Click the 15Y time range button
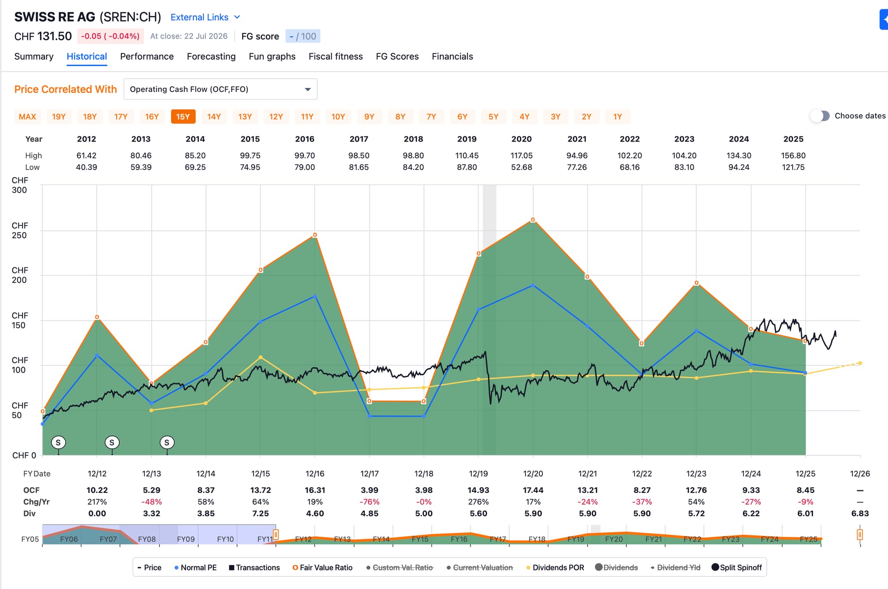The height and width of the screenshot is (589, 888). click(183, 117)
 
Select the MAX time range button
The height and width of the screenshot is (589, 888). click(27, 117)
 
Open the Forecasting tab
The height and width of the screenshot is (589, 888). click(211, 56)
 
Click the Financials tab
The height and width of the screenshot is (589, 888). click(452, 56)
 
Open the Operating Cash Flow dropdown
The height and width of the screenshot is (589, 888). click(220, 89)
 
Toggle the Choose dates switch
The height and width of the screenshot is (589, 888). click(820, 116)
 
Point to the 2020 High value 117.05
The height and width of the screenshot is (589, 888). click(521, 155)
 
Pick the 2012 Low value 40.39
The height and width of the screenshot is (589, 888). click(86, 167)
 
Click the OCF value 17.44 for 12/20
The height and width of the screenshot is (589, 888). click(533, 490)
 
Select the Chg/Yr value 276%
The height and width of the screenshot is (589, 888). click(478, 502)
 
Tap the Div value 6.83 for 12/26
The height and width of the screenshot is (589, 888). click(860, 513)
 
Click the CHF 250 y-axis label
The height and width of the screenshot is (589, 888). click(19, 230)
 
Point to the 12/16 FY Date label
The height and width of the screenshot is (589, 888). click(315, 474)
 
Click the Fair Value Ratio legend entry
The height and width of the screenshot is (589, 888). click(322, 568)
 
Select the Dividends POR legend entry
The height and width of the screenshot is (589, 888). click(555, 568)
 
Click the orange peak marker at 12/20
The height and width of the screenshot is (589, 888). click(533, 220)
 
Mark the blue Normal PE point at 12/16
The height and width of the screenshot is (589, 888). click(315, 296)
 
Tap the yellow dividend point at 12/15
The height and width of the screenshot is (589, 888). click(260, 357)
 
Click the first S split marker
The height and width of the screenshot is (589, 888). click(58, 443)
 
